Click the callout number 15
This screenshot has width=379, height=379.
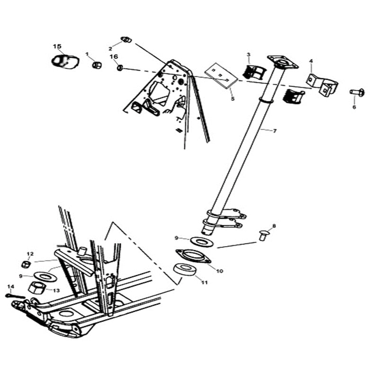(x=57, y=46)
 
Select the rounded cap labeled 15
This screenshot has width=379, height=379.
(x=65, y=62)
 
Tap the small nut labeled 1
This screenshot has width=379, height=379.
(x=97, y=64)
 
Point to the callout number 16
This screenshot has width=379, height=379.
(x=114, y=57)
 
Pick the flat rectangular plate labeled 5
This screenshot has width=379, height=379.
(x=221, y=76)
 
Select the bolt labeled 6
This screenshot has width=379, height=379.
(x=357, y=92)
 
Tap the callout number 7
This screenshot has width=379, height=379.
(x=275, y=130)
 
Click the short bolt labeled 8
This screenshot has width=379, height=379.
(x=263, y=234)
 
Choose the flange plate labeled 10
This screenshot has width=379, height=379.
(x=193, y=256)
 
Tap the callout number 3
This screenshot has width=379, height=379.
(x=249, y=55)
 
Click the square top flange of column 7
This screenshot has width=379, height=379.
(x=283, y=62)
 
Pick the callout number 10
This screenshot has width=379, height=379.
(x=219, y=271)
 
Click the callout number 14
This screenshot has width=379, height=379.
(x=11, y=286)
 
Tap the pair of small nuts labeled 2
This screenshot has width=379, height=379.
(x=126, y=39)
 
